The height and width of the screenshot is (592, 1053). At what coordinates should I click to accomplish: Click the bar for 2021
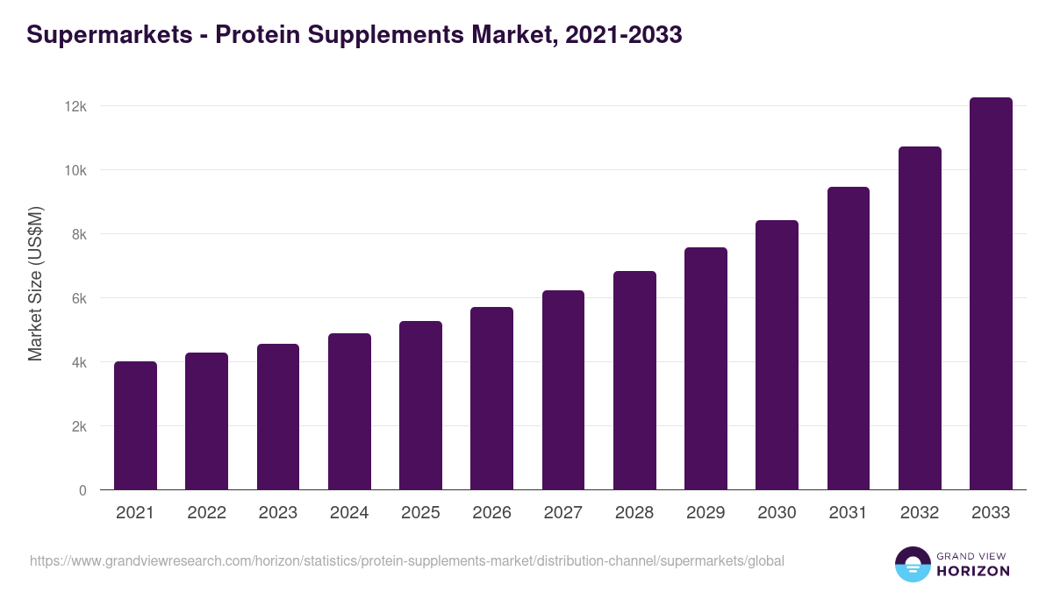[x=135, y=426]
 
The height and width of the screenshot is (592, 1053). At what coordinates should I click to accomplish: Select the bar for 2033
[x=991, y=294]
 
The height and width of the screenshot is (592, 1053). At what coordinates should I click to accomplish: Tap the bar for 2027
[x=563, y=390]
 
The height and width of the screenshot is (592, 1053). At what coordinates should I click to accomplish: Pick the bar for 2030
[x=777, y=355]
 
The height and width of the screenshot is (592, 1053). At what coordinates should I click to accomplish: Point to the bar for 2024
[x=349, y=412]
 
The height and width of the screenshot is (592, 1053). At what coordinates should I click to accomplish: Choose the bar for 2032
[x=920, y=318]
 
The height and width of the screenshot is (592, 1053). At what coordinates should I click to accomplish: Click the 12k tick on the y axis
[x=75, y=106]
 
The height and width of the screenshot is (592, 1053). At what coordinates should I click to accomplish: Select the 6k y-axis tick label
[x=78, y=298]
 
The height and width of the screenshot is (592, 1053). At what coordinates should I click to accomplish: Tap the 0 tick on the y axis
[x=82, y=490]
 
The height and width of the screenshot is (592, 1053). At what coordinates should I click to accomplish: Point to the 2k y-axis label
[x=78, y=426]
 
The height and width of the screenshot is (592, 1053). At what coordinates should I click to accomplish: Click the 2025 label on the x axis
[x=420, y=513]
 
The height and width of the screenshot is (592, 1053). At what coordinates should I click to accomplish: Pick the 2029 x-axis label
[x=706, y=513]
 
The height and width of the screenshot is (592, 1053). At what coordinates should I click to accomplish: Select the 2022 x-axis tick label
[x=206, y=513]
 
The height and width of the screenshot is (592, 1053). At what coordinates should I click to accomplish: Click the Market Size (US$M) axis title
[x=35, y=283]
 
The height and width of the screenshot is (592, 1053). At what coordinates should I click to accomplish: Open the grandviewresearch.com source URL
[x=407, y=560]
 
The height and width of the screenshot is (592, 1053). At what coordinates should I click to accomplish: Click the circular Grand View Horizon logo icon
[x=912, y=564]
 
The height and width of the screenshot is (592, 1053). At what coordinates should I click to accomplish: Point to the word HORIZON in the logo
[x=973, y=571]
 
